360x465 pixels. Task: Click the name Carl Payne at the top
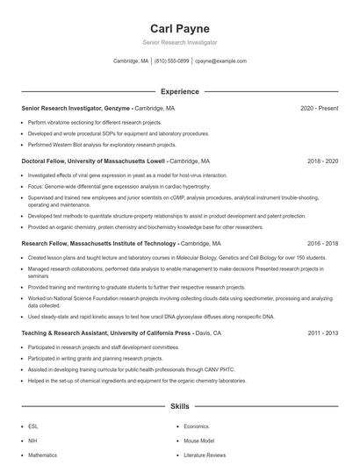point(179,28)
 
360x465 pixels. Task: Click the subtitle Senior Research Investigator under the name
point(179,42)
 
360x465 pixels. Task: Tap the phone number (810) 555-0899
point(171,61)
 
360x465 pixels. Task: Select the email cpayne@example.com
point(220,61)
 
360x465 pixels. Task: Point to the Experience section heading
point(179,91)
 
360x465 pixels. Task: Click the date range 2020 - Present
point(319,109)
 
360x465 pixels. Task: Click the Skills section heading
point(179,407)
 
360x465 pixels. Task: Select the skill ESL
point(33,426)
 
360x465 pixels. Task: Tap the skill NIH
point(33,440)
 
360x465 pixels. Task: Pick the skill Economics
point(198,426)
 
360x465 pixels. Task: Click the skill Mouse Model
point(199,440)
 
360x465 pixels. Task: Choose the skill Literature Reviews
point(205,455)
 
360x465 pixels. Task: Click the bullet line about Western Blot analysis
point(102,145)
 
